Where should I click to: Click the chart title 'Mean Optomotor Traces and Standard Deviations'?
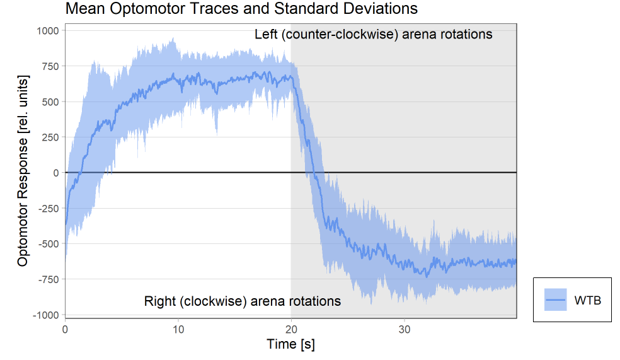241,9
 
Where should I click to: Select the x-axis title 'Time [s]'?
290,344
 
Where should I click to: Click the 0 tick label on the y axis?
56,173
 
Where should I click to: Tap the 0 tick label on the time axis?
65,328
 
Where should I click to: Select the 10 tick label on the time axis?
178,328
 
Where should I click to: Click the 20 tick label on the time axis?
290,328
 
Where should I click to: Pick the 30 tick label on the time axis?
404,328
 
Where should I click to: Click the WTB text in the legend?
587,301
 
